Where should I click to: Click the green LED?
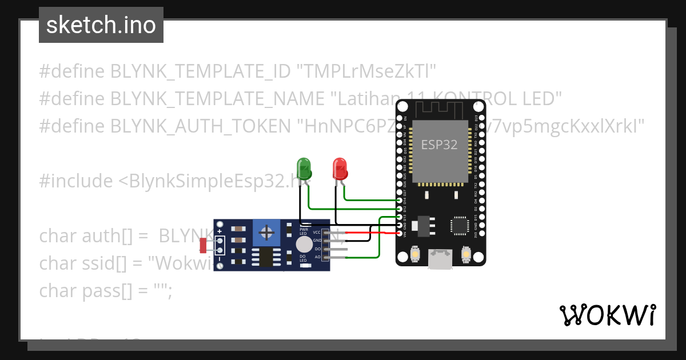coord(304,168)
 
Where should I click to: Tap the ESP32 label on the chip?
coord(439,145)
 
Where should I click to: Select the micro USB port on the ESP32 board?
coord(441,258)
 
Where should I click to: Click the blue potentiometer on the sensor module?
coord(266,232)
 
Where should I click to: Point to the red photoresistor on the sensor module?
coord(203,246)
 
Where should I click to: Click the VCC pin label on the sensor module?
coord(317,233)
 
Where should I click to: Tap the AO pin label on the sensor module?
coord(317,257)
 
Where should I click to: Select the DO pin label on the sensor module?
coord(317,249)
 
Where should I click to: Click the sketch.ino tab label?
coord(101,25)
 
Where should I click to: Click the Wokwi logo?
coord(607,315)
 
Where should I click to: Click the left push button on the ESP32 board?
coord(416,254)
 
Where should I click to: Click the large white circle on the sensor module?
coord(304,245)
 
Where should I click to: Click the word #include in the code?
coord(76,181)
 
